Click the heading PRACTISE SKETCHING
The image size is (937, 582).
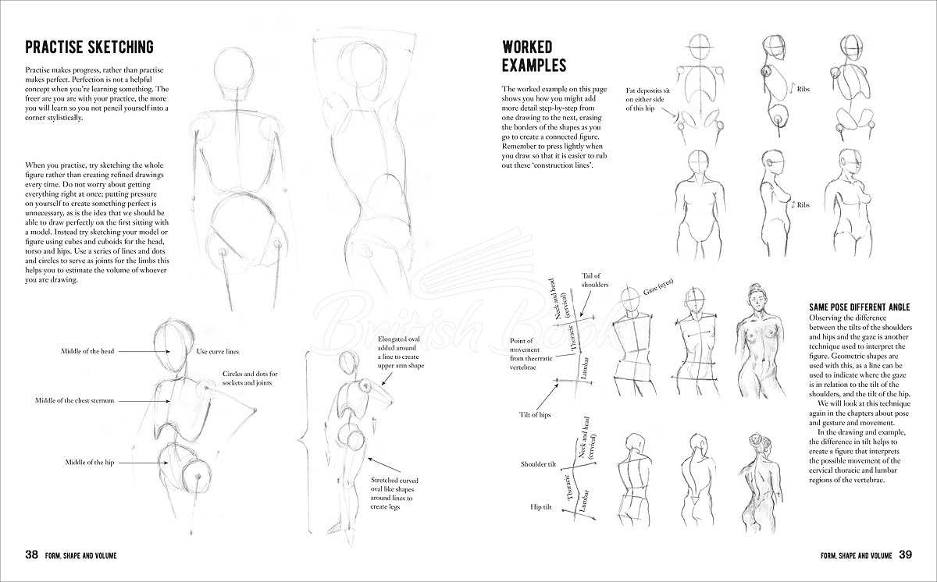89,48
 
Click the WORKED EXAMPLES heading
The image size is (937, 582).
533,55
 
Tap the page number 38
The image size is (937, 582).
32,555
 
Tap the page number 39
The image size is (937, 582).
905,555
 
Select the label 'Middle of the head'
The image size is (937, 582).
87,351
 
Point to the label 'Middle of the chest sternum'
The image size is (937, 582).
75,400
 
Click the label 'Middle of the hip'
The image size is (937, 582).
90,463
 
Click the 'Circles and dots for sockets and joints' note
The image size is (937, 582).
250,378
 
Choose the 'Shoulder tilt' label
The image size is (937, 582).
538,464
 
